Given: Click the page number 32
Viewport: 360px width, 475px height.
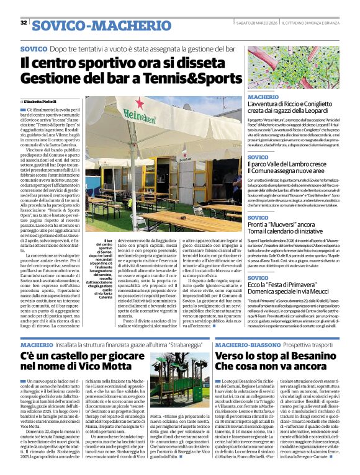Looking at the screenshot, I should coord(23,23).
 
